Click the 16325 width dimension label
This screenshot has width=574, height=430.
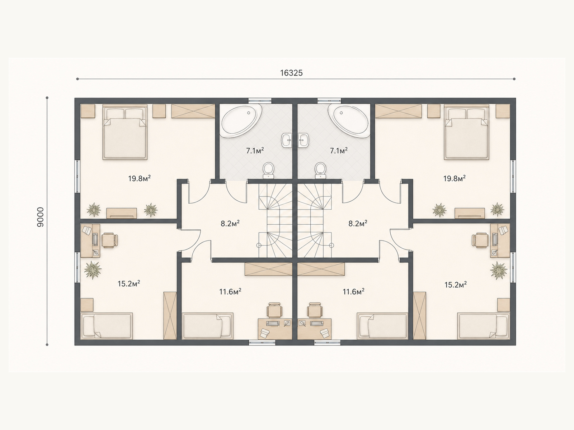291,73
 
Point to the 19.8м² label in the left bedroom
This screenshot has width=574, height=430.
140,178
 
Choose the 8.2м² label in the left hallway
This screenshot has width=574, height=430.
230,224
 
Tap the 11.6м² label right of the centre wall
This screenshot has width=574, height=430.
354,292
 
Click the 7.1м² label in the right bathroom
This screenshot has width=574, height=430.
339,150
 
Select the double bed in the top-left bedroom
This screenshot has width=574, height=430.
125,132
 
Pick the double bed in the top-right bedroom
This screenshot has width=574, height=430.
466,132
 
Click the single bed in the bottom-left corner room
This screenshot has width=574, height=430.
107,326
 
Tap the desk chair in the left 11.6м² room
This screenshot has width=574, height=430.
274,310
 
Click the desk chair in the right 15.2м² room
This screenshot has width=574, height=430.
480,240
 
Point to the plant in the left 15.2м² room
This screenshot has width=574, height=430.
93,270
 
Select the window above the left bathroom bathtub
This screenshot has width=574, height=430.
260,101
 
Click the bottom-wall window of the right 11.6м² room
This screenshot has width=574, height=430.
328,343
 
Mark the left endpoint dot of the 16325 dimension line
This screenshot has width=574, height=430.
77,79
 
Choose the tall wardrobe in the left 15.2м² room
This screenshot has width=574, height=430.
170,316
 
